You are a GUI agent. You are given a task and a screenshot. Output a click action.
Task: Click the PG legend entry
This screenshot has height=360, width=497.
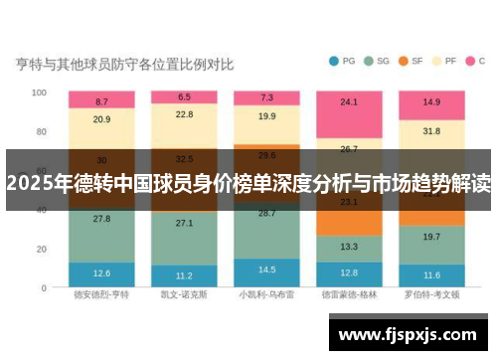click(x=341, y=61)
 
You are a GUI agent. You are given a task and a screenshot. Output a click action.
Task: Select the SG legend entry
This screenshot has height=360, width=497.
click(x=376, y=61)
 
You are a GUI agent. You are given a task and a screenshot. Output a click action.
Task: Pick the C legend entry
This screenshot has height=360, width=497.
click(x=476, y=61)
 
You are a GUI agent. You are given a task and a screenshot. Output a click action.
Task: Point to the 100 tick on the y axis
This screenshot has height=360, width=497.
click(x=39, y=92)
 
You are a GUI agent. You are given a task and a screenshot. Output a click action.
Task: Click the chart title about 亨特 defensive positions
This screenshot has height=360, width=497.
click(x=124, y=65)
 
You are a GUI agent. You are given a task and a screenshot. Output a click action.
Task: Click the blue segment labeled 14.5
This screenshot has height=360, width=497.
click(x=266, y=270)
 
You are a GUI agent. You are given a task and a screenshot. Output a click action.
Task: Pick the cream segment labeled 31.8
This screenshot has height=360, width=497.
click(x=431, y=131)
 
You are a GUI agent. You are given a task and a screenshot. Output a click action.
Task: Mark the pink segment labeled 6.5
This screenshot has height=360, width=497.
click(x=184, y=97)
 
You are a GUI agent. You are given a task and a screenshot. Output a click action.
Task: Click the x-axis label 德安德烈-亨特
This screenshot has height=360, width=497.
click(x=101, y=295)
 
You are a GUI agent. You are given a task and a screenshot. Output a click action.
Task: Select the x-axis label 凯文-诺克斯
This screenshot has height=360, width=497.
click(x=184, y=295)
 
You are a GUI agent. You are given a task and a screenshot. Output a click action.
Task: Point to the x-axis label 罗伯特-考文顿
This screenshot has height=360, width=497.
click(x=431, y=295)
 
